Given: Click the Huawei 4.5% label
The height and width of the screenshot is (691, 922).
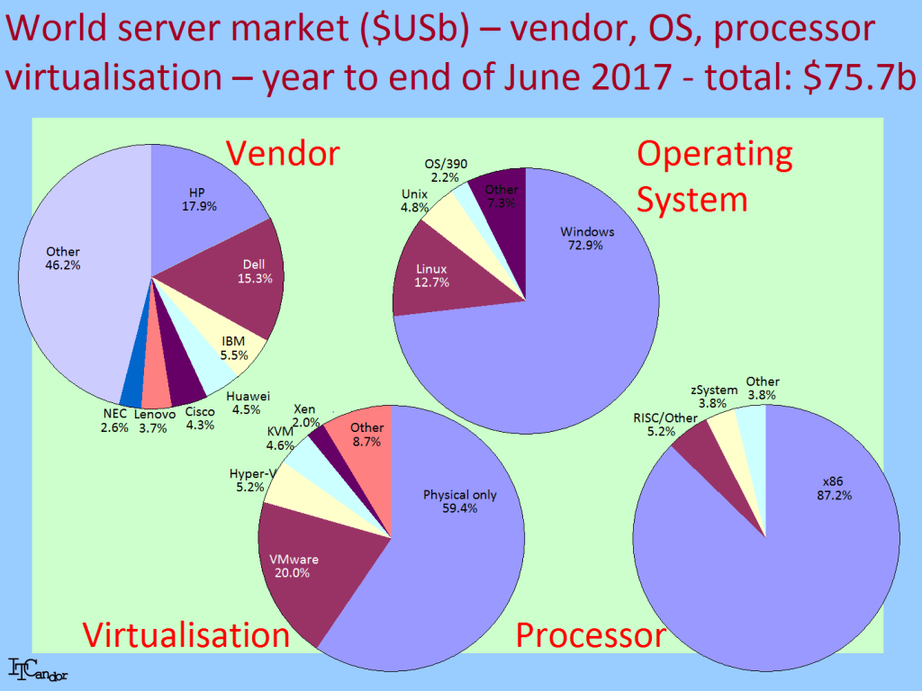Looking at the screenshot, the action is coord(248,403).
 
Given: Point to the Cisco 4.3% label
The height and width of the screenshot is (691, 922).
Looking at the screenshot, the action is coord(200,418).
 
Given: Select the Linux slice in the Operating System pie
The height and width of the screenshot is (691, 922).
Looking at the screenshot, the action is coord(435,276).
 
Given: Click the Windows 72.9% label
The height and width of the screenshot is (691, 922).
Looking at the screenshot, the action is coord(587,238).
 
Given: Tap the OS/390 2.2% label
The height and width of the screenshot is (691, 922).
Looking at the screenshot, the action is coord(446,170).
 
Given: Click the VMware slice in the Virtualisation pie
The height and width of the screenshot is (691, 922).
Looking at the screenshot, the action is coord(312,564).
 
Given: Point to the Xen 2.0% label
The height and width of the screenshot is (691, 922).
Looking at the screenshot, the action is coord(305,416).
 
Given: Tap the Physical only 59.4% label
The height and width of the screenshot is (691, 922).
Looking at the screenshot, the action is coord(460,501).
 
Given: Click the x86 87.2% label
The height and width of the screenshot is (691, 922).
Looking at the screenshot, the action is coord(834,489).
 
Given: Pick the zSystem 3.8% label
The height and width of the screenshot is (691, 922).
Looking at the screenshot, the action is coord(714,396).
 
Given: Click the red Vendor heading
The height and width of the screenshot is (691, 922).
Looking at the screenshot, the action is coord(283,153).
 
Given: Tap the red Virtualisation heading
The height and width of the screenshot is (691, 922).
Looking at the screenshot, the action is coord(185,634).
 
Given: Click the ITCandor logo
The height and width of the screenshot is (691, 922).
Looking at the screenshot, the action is coord(38,669).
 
